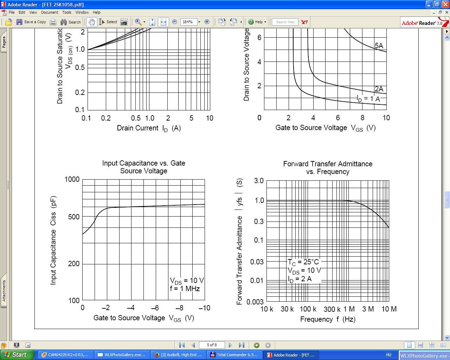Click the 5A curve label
coord(379,46)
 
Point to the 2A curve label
coord(379,89)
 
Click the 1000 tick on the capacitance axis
coord(72,179)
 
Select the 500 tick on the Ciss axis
coord(74,217)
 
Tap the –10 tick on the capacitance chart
coord(204,308)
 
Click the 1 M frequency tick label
coord(349,309)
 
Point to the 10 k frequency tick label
coord(266,309)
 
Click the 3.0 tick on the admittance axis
coord(259,181)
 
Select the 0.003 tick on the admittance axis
coord(255,302)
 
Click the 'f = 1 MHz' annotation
coord(185,289)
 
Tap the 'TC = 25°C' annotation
coord(303,262)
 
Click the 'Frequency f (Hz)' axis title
coord(328,319)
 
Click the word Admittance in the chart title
coord(355,164)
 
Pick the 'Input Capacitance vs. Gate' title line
coord(143,163)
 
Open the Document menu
coord(50,12)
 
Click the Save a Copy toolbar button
coord(31,22)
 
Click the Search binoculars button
coord(70,22)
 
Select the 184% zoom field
coord(188,22)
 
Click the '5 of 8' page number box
coord(212,345)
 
